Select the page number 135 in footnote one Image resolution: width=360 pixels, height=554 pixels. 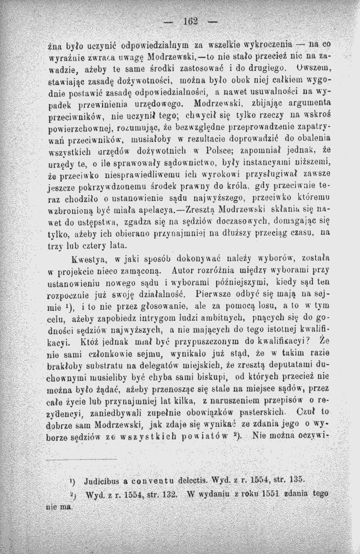point(295,477)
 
